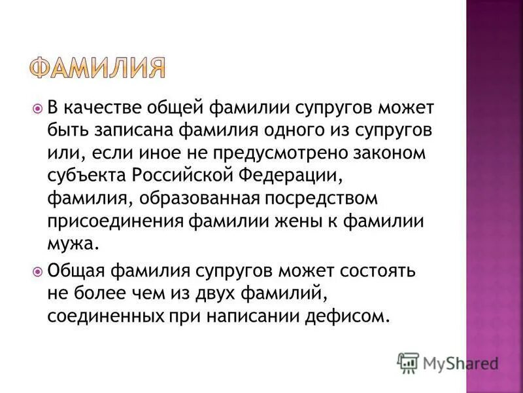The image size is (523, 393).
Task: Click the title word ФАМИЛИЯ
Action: point(97,67)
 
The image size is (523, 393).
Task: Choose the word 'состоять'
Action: point(358,270)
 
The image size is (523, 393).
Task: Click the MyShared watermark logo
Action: point(447,362)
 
